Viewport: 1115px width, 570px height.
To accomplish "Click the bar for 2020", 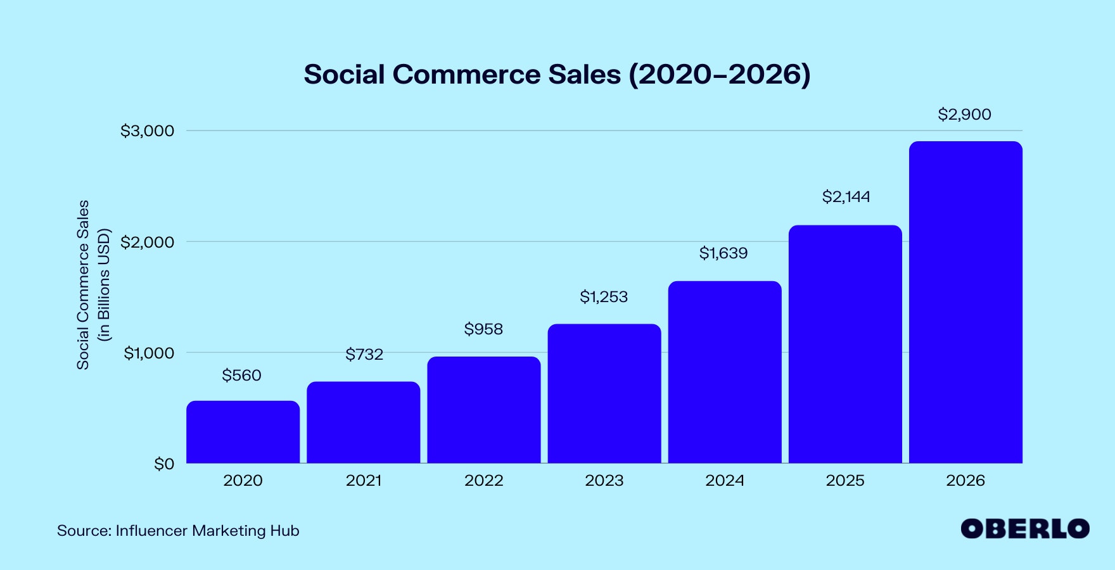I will coord(243,432).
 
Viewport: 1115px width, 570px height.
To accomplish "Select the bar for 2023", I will coord(604,394).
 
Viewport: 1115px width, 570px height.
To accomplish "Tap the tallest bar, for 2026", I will coord(965,303).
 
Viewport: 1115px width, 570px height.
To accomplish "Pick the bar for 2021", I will coord(363,422).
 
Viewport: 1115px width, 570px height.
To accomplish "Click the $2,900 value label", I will coord(964,115).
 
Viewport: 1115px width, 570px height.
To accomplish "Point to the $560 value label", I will coord(241,376).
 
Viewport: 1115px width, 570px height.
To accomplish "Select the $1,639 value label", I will coord(723,253).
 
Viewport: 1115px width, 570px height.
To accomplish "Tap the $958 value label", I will coord(483,329).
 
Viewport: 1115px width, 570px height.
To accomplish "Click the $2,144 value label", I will coord(846,197).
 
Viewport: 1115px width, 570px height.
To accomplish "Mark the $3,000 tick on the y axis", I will coord(147,131).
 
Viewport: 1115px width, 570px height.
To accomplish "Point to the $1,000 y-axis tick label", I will coord(148,353).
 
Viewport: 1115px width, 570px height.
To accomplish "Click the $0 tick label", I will coord(163,464).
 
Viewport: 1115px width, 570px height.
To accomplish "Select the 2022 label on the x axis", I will coord(483,481).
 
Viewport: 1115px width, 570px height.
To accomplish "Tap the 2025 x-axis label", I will coord(844,481).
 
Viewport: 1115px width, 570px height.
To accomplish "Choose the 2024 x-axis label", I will coord(724,481).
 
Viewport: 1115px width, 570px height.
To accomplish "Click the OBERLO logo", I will coord(1024,529).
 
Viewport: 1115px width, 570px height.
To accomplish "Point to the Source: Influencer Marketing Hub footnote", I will coord(178,531).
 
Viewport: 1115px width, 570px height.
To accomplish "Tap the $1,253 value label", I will coord(603,297).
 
